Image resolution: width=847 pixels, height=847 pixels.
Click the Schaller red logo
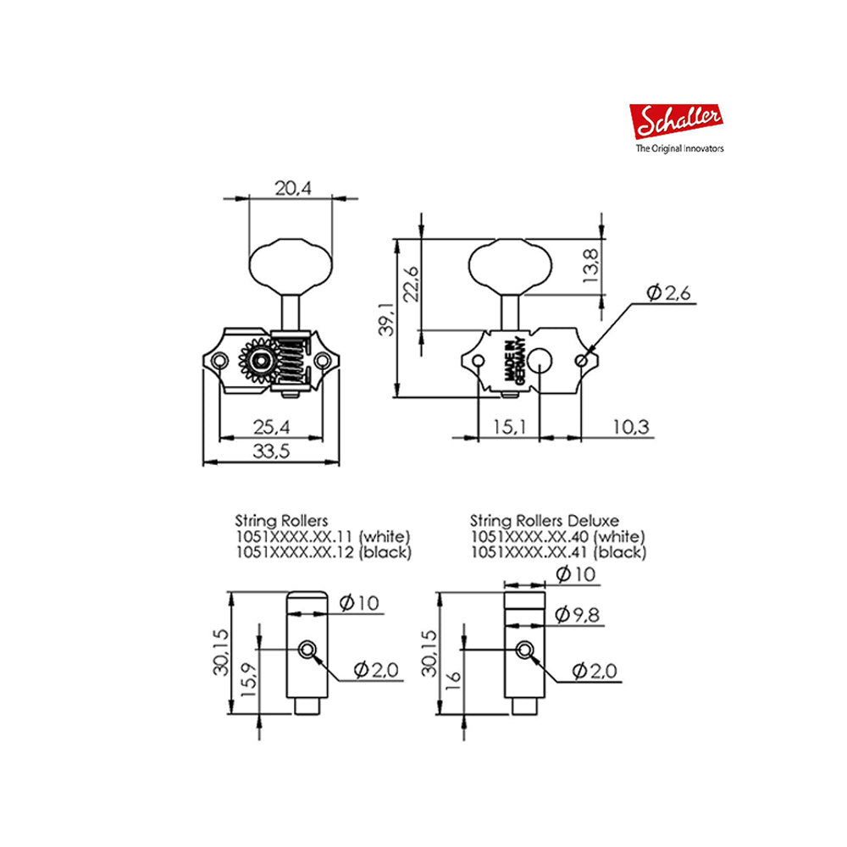pos(677,122)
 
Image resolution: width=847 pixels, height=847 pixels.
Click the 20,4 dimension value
pos(293,189)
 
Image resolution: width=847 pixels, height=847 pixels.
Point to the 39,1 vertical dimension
pos(386,318)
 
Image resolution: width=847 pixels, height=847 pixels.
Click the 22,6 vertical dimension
pos(412,283)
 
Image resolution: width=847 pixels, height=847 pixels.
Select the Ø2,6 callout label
pos(668,293)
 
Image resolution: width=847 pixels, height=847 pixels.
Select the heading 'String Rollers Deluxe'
pos(544,520)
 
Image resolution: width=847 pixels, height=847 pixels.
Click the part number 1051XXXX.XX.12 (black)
pos(323,552)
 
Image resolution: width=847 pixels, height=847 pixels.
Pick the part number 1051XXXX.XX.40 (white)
pos(557,536)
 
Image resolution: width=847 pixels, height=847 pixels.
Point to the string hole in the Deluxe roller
pos(526,650)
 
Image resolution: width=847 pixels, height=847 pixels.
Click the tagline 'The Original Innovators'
pos(679,148)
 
